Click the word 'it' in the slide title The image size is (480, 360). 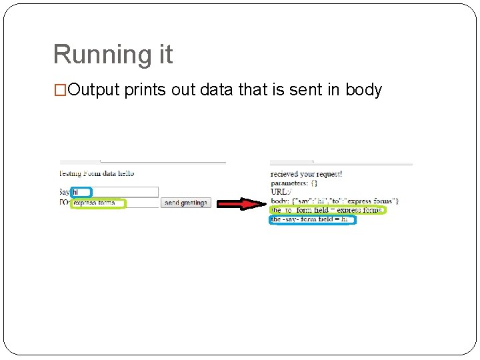pyautogui.click(x=163, y=55)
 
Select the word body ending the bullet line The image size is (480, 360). pyautogui.click(x=363, y=90)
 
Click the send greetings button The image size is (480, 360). pyautogui.click(x=185, y=203)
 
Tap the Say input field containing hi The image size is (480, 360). pyautogui.click(x=115, y=192)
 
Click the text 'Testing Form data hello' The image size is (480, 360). pyautogui.click(x=97, y=173)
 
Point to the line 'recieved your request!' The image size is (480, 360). pyautogui.click(x=306, y=174)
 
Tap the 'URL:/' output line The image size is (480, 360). pyautogui.click(x=281, y=192)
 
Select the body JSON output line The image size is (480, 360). pyautogui.click(x=335, y=201)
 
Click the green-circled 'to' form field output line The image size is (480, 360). pyautogui.click(x=327, y=210)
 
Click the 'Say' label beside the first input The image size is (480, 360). pyautogui.click(x=65, y=192)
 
